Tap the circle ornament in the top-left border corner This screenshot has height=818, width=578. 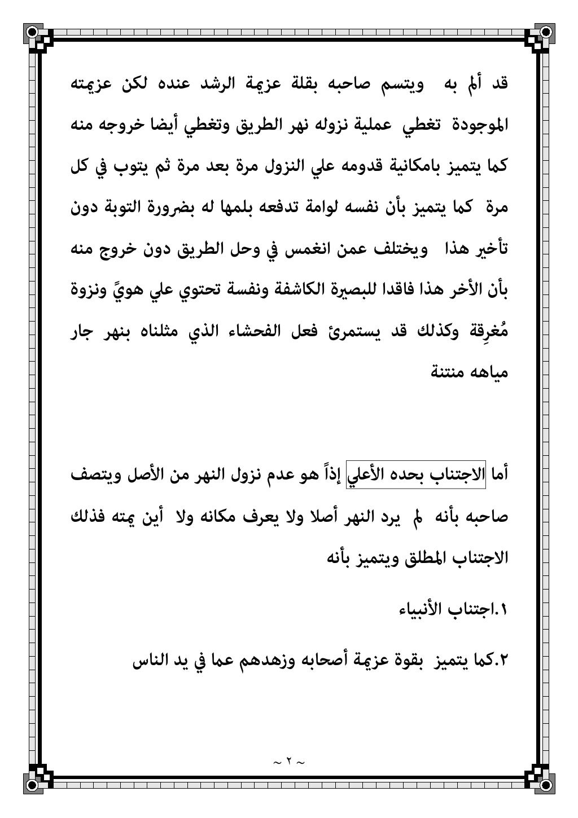[x=33, y=32]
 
